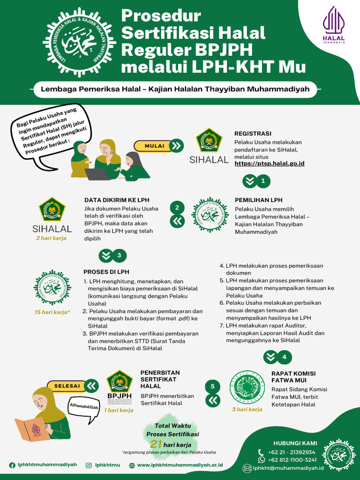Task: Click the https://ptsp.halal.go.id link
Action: (x=269, y=164)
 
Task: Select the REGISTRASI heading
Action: (x=253, y=134)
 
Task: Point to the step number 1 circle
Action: (x=263, y=180)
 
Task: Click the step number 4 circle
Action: (x=284, y=357)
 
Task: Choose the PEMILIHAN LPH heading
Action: (x=258, y=200)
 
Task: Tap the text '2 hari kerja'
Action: (x=52, y=238)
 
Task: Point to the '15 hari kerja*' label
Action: (x=52, y=312)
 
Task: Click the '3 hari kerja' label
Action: (x=247, y=409)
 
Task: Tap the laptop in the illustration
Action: (x=98, y=174)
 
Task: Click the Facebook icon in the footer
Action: (x=12, y=465)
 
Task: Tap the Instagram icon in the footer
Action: (x=89, y=465)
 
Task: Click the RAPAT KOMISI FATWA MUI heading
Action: (x=293, y=377)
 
